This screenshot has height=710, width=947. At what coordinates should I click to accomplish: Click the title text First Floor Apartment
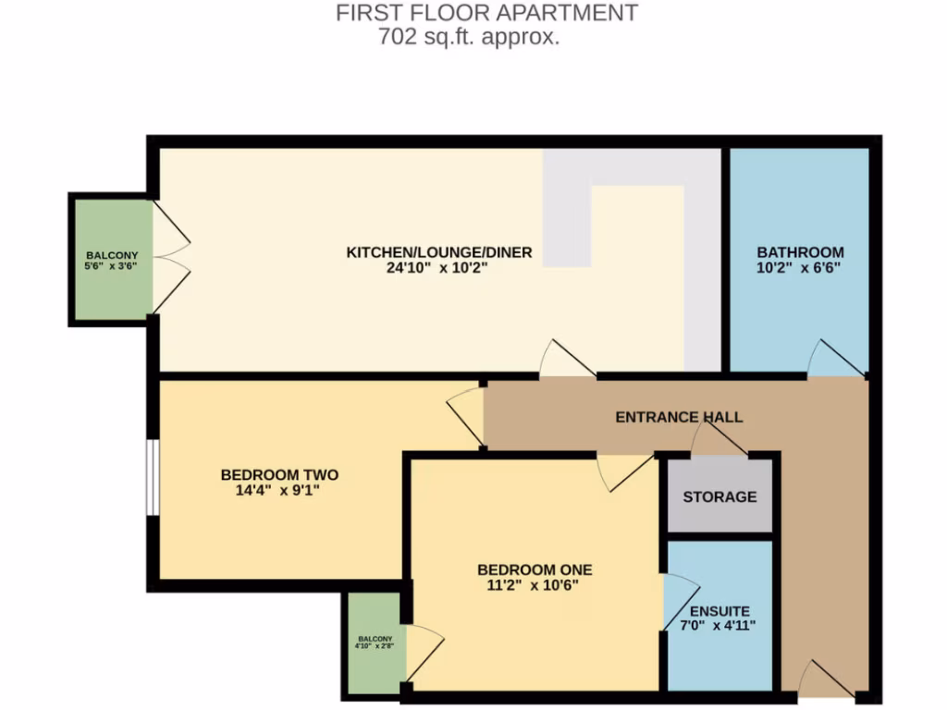click(x=486, y=13)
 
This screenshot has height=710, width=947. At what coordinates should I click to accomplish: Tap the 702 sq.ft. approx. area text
click(x=469, y=38)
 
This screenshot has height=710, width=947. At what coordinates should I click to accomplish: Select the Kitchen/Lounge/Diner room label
click(x=438, y=252)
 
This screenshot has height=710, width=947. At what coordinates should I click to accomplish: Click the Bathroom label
click(x=800, y=252)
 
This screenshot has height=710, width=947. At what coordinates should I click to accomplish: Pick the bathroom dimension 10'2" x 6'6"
click(x=800, y=268)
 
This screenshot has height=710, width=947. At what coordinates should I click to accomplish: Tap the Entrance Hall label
click(x=679, y=417)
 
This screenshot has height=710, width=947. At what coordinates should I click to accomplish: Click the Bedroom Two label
click(x=279, y=475)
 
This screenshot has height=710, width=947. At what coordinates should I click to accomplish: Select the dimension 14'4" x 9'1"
click(x=279, y=491)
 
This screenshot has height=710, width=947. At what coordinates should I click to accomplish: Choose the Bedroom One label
click(x=535, y=569)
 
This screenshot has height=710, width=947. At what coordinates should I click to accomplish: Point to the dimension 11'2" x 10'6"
click(x=535, y=584)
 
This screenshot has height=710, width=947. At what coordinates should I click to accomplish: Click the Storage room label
click(x=719, y=496)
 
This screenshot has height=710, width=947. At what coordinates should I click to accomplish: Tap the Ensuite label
click(x=719, y=611)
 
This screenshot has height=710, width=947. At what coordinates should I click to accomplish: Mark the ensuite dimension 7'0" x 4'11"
click(x=719, y=626)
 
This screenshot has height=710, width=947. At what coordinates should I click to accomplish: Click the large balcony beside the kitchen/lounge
click(x=111, y=260)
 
